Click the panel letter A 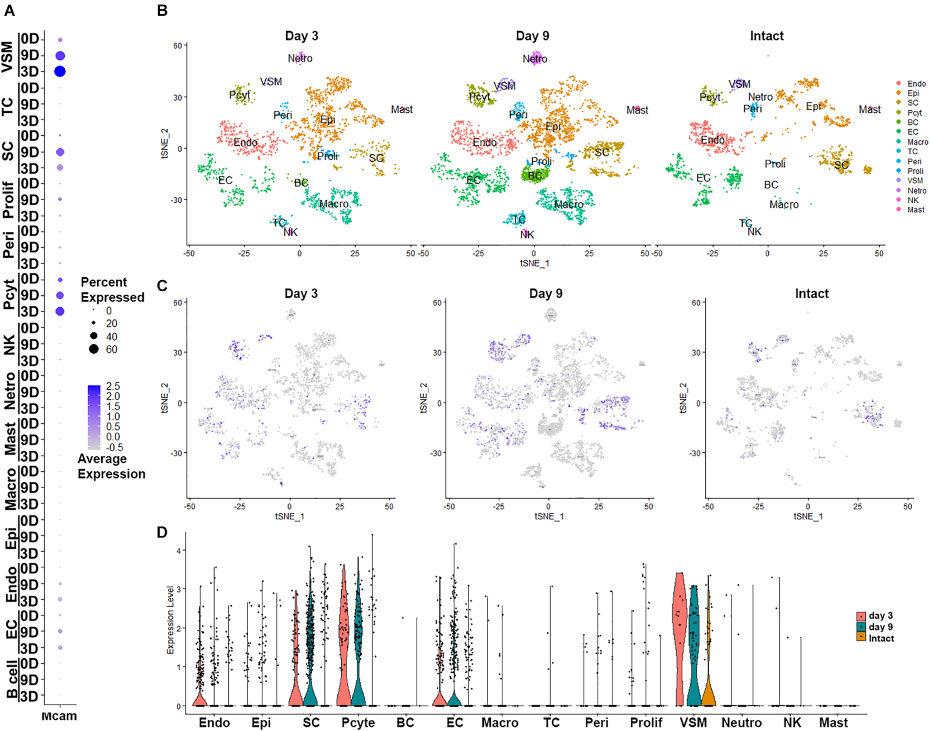9,10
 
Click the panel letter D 162,532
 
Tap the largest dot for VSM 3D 60,71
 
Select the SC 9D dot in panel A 60,152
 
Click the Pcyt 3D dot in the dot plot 60,311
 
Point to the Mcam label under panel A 59,716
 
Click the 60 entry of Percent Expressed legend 111,349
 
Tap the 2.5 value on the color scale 113,386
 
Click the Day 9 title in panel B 532,36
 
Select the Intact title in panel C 811,293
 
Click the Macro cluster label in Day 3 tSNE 334,204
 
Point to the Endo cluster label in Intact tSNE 712,140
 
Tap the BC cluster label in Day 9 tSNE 534,176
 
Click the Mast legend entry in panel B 916,210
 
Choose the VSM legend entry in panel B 915,181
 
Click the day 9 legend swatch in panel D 861,627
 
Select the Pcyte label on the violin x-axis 358,723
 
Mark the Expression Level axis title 170,619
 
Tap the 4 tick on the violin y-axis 178,550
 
